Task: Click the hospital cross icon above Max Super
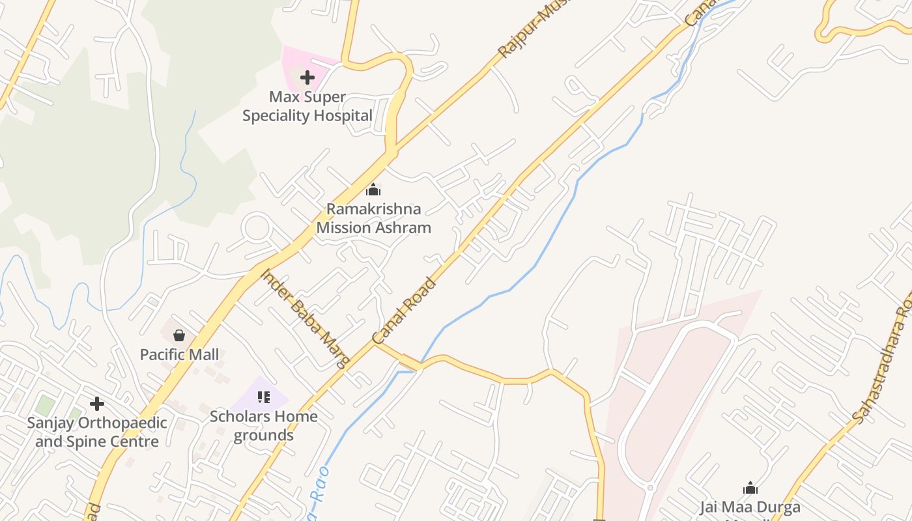tap(307, 78)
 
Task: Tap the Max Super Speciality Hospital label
tap(307, 107)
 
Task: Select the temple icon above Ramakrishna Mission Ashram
tap(373, 190)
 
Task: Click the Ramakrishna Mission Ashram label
tap(374, 218)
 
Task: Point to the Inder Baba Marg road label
tap(305, 318)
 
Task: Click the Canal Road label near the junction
tap(404, 311)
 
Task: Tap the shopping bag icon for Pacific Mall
tap(179, 335)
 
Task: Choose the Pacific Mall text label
tap(180, 355)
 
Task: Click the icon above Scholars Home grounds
tap(264, 397)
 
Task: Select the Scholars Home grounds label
tap(264, 426)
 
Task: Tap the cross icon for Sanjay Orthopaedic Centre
tap(97, 404)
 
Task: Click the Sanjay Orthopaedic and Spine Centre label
tap(97, 432)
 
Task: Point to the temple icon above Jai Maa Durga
tap(750, 488)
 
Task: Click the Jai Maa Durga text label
tap(750, 507)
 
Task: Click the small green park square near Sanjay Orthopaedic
tap(45, 404)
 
